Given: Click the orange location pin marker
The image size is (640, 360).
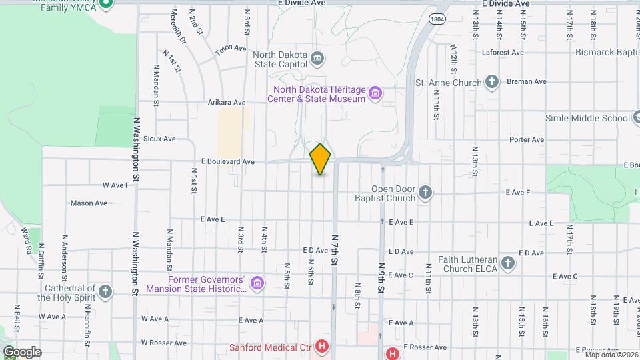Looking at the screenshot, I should pos(320,159).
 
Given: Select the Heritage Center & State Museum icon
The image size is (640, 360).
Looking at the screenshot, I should pos(375,93).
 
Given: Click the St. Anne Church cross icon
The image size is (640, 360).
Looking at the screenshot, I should pos(491,83).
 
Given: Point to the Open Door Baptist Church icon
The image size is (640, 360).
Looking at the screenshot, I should pos(425,193).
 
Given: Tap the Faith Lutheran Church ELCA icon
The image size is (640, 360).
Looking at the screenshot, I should pos(508,263).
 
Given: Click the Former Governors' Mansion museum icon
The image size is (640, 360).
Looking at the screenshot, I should pos(257,284).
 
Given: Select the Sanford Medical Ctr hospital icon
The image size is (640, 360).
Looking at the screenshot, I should pos(323,347).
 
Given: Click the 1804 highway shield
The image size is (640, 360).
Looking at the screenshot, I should pos(437,20).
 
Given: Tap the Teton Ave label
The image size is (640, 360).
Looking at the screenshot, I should pos(231,50).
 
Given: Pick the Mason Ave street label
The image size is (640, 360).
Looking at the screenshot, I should pos(89,203).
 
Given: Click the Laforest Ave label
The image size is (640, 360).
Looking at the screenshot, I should pos(489,52).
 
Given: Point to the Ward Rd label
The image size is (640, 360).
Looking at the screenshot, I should pos(27,241).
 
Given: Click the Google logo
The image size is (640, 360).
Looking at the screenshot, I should pos(22,351).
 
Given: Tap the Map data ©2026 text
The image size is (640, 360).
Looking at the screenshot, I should pos(611,355).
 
